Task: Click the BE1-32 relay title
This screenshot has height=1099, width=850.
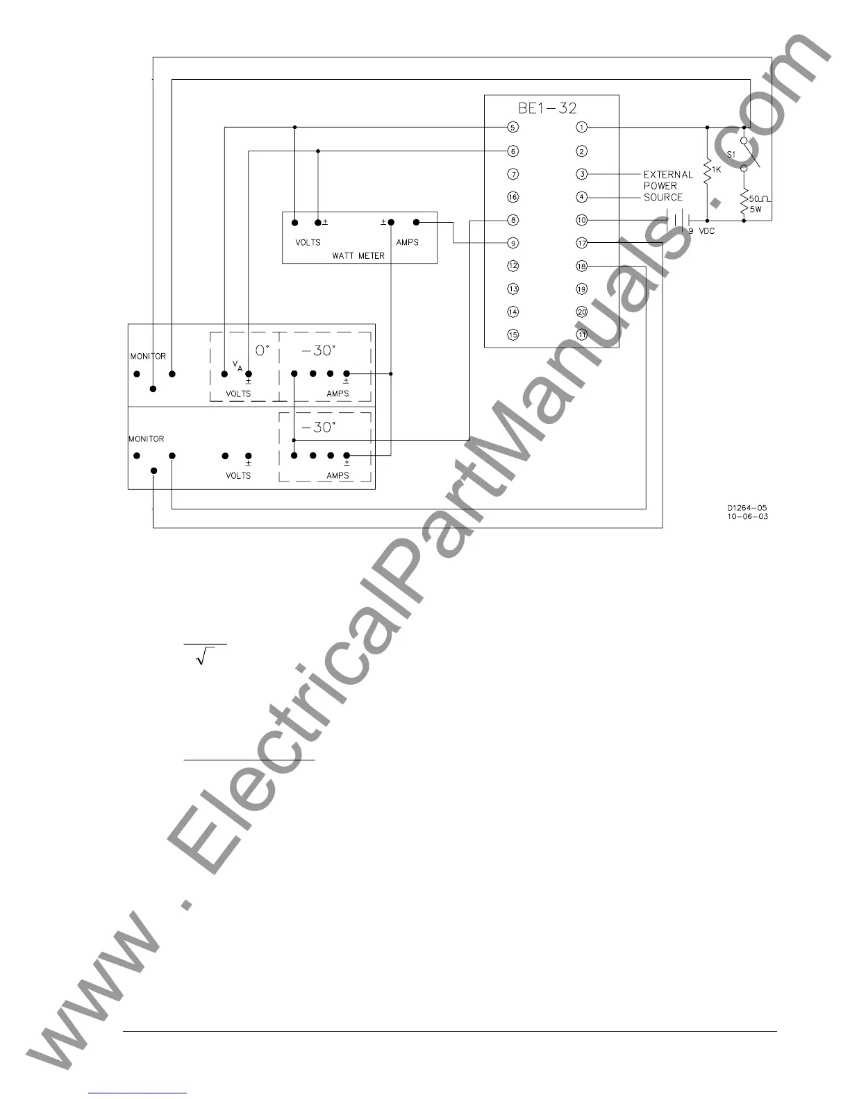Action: (x=547, y=108)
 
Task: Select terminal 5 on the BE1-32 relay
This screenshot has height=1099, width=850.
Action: (x=512, y=127)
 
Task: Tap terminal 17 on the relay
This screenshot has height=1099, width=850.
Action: (x=582, y=243)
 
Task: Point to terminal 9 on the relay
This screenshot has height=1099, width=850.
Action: (x=512, y=243)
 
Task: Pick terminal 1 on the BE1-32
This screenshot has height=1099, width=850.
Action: (x=582, y=127)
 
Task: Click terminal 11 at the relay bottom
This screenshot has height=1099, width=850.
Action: (x=582, y=334)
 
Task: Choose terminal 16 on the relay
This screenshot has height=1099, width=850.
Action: (x=512, y=197)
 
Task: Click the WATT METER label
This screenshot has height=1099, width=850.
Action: (x=358, y=255)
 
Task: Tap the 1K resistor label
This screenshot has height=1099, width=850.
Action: (x=717, y=169)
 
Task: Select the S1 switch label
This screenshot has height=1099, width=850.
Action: (x=731, y=153)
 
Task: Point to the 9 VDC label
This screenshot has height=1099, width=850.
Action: (x=701, y=231)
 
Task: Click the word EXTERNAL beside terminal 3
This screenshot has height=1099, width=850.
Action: (x=668, y=175)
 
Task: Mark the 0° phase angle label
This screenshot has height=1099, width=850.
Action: (x=262, y=350)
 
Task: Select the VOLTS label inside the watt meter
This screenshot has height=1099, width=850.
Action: (x=308, y=242)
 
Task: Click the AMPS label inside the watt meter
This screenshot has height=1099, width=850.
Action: (x=407, y=242)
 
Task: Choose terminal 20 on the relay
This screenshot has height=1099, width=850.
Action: (x=582, y=312)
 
